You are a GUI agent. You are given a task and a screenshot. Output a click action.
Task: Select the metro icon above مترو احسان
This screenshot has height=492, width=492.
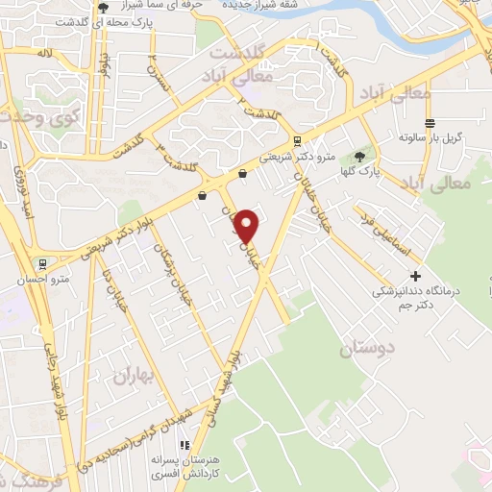pyautogui.click(x=41, y=262)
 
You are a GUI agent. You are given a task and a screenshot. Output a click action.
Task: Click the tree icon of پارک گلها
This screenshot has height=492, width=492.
pyautogui.click(x=360, y=156)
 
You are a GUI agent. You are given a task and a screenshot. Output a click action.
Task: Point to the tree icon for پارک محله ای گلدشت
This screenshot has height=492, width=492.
pyautogui.click(x=103, y=8)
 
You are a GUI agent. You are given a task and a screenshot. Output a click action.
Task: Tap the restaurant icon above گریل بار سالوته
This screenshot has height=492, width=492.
pyautogui.click(x=430, y=122)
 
